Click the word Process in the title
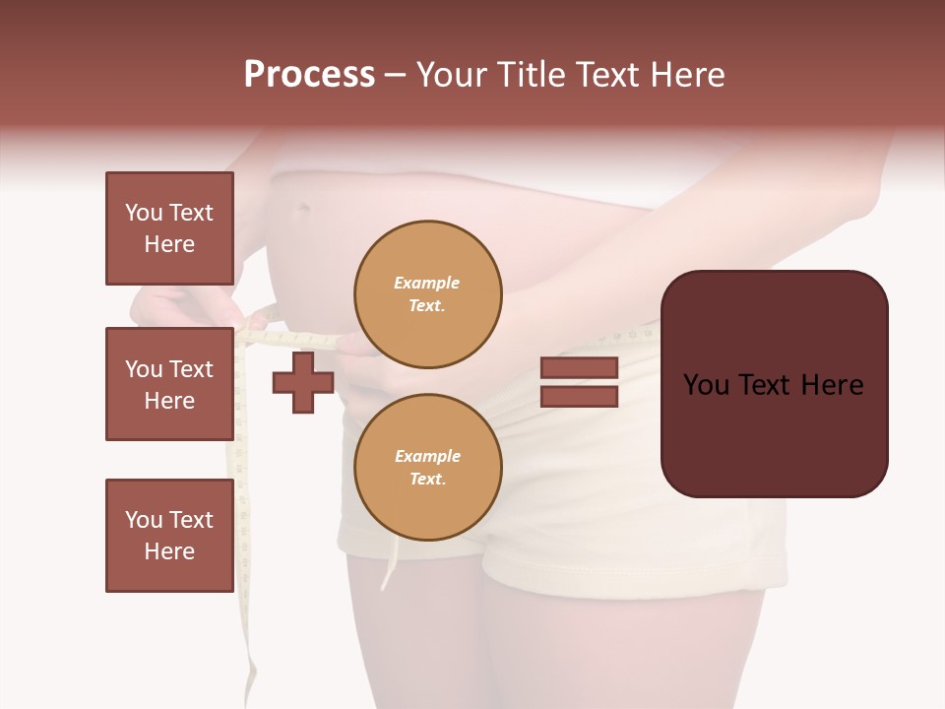[x=309, y=74]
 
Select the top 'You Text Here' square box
[x=169, y=228]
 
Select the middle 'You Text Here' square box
[x=169, y=384]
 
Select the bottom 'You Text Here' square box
[x=169, y=536]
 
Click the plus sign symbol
[x=303, y=382]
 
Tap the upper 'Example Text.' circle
[x=427, y=293]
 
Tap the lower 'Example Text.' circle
[x=427, y=467]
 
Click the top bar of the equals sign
[x=579, y=367]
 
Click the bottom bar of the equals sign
[x=579, y=397]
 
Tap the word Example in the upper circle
[x=426, y=283]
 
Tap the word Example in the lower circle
[x=427, y=456]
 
